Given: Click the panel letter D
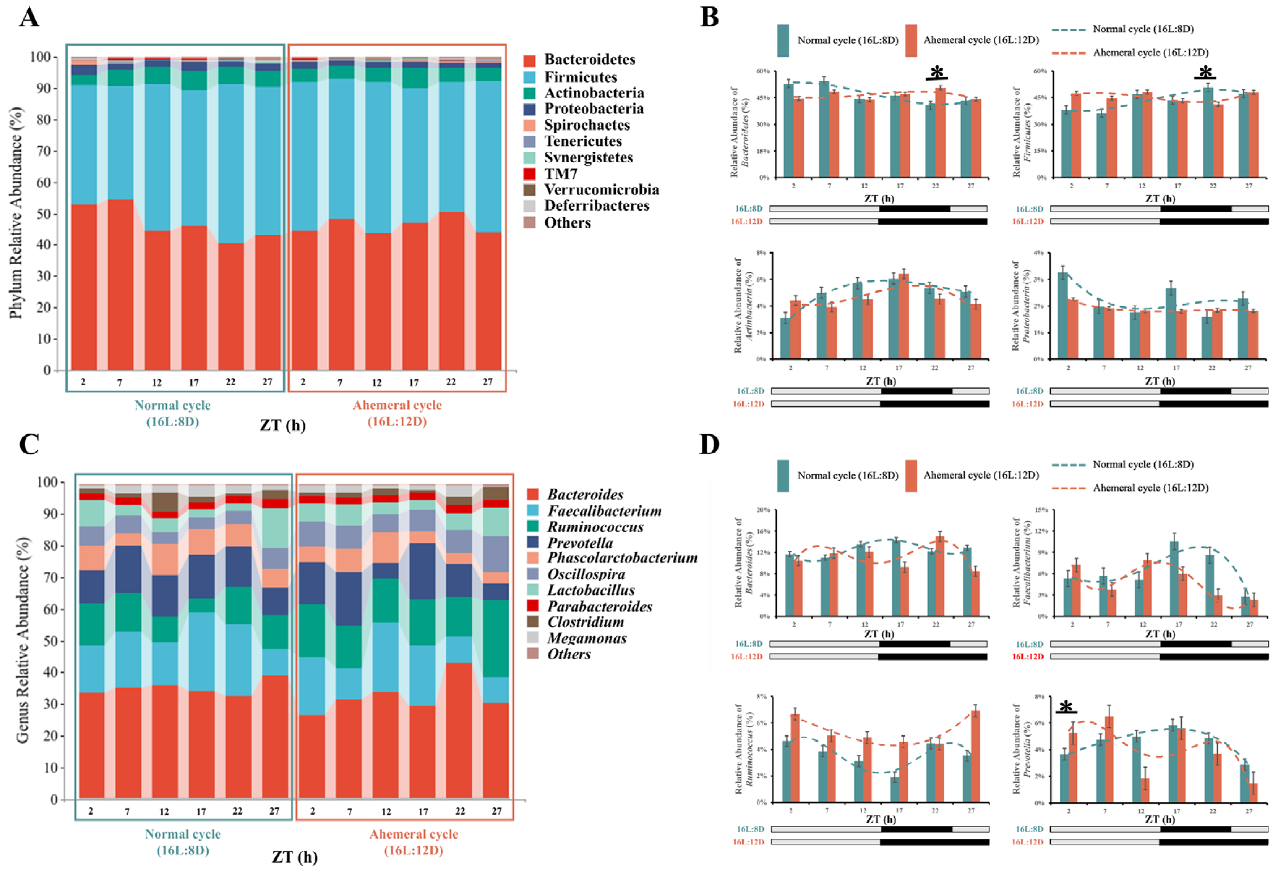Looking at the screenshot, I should [710, 444].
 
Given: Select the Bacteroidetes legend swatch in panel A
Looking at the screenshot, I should [530, 60].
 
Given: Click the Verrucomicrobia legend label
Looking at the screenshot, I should [601, 190].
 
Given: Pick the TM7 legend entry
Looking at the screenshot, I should [561, 174].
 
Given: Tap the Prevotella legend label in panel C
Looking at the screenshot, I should [580, 543].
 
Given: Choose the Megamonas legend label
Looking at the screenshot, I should [587, 638].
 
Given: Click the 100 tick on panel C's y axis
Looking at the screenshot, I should [47, 482].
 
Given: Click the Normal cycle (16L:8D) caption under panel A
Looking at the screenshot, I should [172, 413].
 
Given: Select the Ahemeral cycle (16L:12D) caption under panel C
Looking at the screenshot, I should [413, 842].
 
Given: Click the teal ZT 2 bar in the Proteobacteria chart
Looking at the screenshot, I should [1063, 316].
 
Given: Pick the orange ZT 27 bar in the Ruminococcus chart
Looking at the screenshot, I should [975, 756].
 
